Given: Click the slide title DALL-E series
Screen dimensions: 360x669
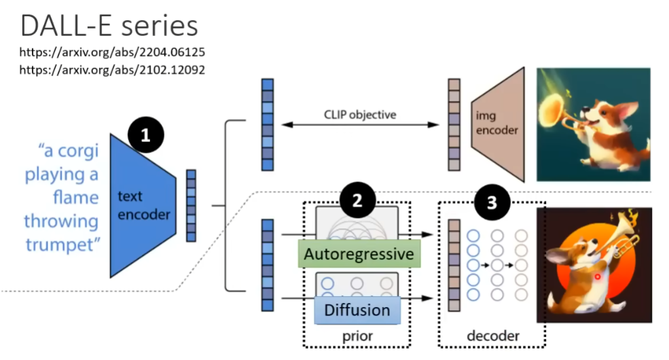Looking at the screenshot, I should point(109,26).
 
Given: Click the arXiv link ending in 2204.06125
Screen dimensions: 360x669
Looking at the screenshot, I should point(112,52).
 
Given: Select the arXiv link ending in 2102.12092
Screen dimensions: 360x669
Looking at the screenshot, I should point(112,69).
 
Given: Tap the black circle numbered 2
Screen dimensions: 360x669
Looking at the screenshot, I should point(357,200).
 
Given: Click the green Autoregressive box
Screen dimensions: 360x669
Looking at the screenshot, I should point(359,254).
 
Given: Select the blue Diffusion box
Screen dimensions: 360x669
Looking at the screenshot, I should point(357,310).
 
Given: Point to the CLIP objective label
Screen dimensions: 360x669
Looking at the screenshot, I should point(359,114).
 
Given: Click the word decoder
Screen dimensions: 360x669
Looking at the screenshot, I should point(492,336).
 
